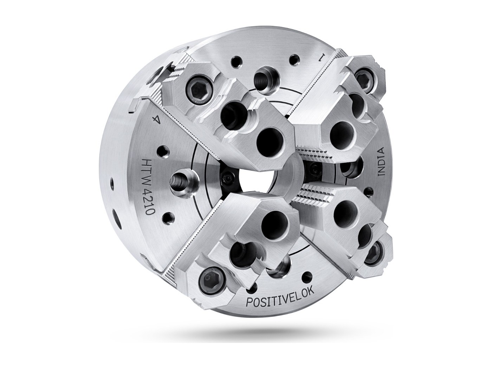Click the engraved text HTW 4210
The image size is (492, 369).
point(148,187)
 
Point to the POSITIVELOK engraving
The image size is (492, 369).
point(280,297)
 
